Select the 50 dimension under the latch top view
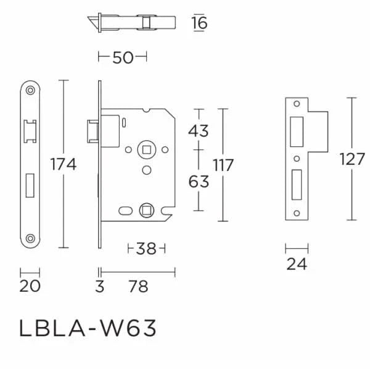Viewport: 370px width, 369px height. point(123,57)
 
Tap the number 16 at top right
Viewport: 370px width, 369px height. point(199,23)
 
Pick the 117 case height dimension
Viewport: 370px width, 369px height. point(224,165)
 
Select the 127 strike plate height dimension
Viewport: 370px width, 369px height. point(352,159)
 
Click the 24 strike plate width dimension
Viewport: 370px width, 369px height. point(297,265)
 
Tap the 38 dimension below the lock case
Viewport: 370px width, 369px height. point(146,249)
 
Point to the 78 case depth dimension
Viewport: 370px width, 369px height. point(139,286)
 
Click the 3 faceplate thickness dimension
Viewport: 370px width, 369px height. point(100,286)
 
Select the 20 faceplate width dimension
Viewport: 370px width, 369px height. point(30,286)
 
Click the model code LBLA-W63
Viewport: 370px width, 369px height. point(88,328)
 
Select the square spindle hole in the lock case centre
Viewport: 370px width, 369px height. point(146,148)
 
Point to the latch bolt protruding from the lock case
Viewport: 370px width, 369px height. point(92,131)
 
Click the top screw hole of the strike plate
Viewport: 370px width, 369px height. point(297,104)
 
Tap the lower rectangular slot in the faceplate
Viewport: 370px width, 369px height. point(30,184)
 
